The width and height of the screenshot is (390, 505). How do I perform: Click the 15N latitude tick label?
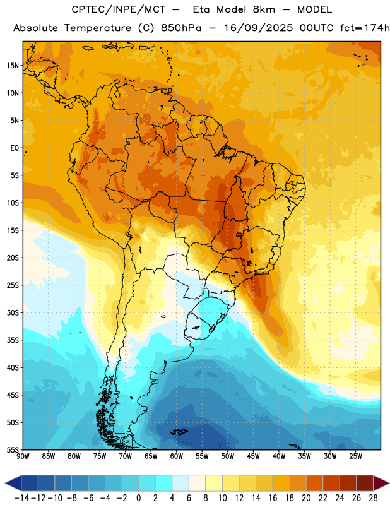pyautogui.click(x=13, y=66)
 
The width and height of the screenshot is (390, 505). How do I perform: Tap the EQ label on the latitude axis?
pyautogui.click(x=15, y=148)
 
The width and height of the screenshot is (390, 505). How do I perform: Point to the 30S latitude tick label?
pyautogui.click(x=13, y=312)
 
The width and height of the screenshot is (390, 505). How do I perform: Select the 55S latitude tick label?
pyautogui.click(x=13, y=450)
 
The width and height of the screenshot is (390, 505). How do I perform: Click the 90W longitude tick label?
pyautogui.click(x=23, y=456)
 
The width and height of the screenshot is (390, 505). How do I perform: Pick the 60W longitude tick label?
pyautogui.click(x=177, y=456)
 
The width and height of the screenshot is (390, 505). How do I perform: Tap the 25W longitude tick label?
pyautogui.click(x=356, y=456)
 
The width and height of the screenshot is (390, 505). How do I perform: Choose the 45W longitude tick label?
pyautogui.click(x=254, y=456)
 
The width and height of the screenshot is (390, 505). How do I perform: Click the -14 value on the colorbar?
pyautogui.click(x=21, y=498)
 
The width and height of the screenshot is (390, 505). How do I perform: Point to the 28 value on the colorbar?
pyautogui.click(x=373, y=498)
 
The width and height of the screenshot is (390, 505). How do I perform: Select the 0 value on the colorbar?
pyautogui.click(x=139, y=498)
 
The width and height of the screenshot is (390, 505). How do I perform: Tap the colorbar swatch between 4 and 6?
pyautogui.click(x=180, y=483)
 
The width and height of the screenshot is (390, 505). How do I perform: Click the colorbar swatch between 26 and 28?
pyautogui.click(x=365, y=483)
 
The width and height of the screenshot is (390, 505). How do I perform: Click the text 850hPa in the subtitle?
pyautogui.click(x=180, y=28)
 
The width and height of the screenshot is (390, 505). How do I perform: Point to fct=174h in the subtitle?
pyautogui.click(x=365, y=28)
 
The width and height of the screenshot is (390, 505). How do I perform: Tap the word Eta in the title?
pyautogui.click(x=202, y=9)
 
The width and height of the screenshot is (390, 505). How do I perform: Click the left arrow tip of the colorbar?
pyautogui.click(x=6, y=483)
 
